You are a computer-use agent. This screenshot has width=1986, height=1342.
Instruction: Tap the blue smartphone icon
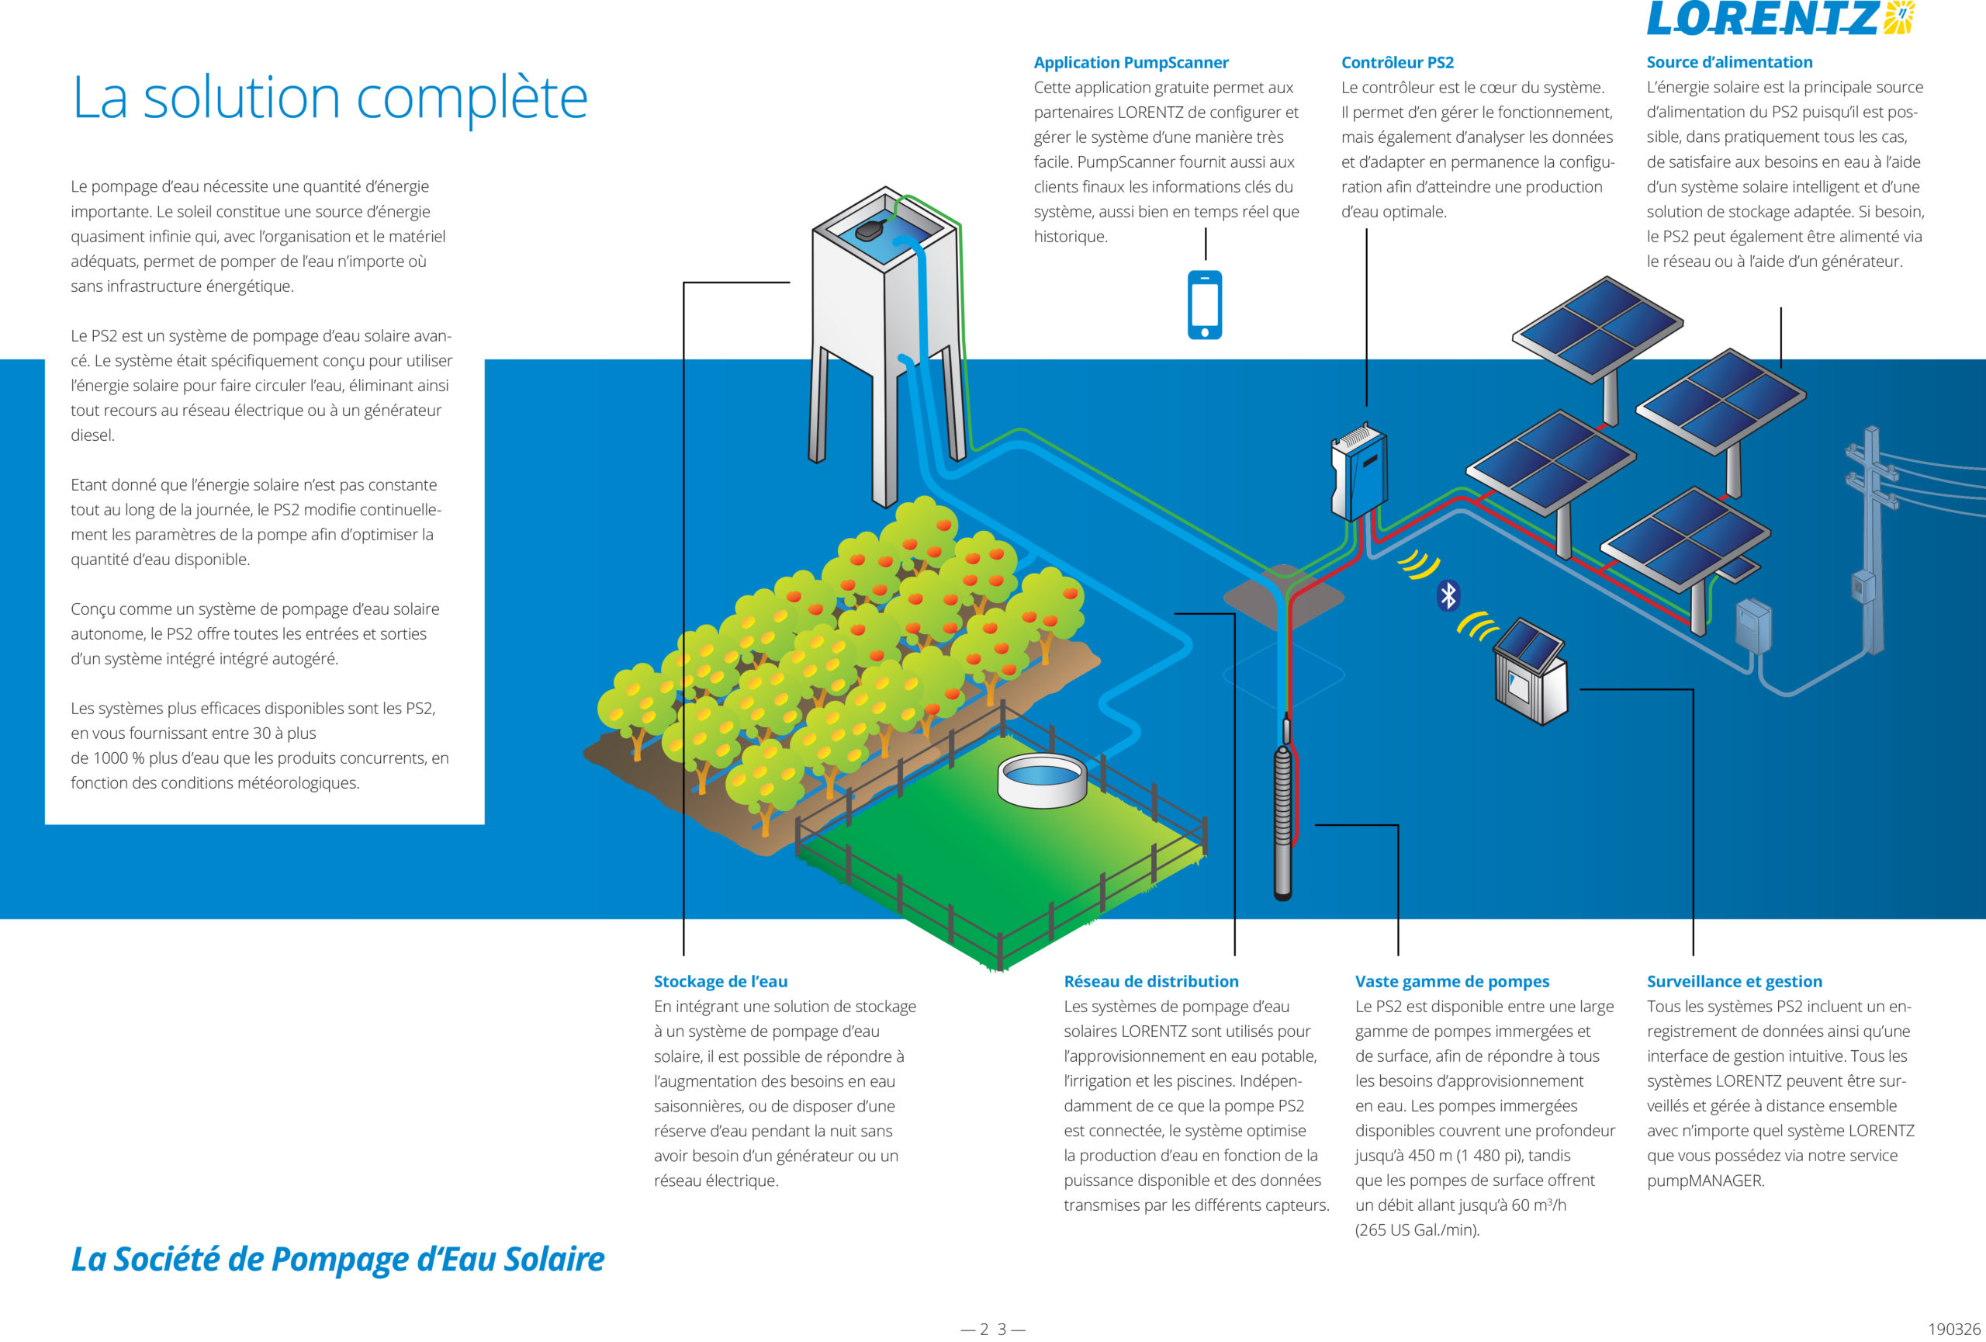tap(1205, 305)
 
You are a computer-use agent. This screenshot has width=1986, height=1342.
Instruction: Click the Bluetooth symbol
tap(1448, 596)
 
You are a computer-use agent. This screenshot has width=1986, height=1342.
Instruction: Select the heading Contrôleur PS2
tap(1397, 62)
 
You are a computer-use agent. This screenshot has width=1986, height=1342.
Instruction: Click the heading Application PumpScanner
tap(1130, 62)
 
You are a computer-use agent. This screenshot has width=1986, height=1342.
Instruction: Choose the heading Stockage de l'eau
tap(721, 981)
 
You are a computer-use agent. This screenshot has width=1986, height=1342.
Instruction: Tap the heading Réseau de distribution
tap(1150, 981)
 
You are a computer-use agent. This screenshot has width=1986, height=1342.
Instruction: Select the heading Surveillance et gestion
tap(1734, 981)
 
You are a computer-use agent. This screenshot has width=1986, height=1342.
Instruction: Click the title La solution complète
tap(330, 99)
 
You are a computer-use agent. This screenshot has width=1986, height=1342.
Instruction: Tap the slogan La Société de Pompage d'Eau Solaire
tap(337, 1259)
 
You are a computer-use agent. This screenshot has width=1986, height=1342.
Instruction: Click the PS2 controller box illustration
tap(1358, 473)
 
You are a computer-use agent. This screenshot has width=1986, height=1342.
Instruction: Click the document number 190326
tap(1953, 1329)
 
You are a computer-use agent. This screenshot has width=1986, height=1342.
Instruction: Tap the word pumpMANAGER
tap(1705, 1181)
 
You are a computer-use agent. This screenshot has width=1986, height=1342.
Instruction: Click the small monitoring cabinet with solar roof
tap(1531, 671)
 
